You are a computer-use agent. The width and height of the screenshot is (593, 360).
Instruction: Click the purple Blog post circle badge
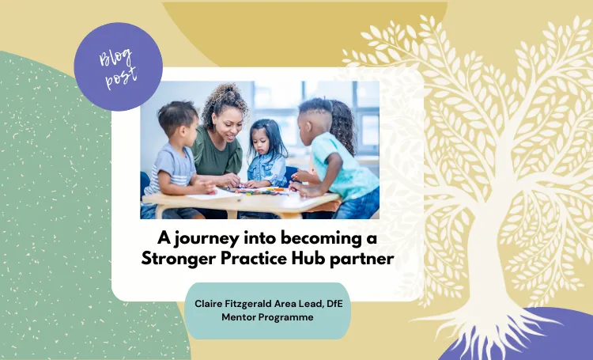click(118, 66)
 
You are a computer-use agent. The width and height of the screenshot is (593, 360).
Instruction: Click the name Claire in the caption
click(210, 303)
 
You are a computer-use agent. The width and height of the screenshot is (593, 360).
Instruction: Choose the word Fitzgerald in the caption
click(255, 303)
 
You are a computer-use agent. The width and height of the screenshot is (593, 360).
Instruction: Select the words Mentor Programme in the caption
click(270, 317)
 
